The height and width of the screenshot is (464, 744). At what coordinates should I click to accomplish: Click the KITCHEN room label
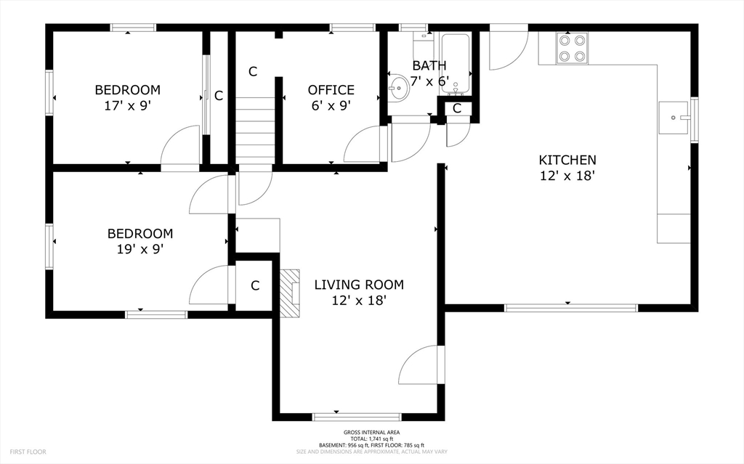click(x=567, y=160)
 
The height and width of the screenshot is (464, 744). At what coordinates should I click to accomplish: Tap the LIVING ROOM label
click(x=359, y=285)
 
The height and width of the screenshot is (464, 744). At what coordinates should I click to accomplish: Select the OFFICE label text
click(x=331, y=89)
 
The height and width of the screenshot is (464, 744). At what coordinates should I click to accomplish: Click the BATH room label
click(x=429, y=65)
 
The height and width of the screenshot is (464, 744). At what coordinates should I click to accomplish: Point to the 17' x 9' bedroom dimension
click(x=128, y=105)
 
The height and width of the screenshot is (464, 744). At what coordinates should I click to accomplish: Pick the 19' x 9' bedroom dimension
click(x=140, y=249)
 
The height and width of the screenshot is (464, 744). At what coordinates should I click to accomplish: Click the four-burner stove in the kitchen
click(x=572, y=49)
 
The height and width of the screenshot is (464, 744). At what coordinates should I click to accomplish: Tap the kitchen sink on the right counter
click(x=674, y=117)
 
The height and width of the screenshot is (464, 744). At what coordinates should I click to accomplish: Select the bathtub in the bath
click(x=455, y=62)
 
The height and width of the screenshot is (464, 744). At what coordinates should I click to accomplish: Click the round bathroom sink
click(x=399, y=89)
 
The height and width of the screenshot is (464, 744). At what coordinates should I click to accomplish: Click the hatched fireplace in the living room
click(x=289, y=293)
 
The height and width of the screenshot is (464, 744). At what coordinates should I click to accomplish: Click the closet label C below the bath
click(x=457, y=108)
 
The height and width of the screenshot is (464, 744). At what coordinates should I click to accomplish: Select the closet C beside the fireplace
click(x=255, y=285)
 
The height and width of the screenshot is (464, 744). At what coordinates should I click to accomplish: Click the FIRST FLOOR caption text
click(x=28, y=452)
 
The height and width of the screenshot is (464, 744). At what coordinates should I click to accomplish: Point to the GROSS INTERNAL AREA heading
click(x=371, y=432)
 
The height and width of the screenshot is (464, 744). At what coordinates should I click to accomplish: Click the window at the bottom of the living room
click(x=357, y=417)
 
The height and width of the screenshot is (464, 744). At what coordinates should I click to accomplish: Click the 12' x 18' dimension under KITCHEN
click(x=567, y=176)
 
